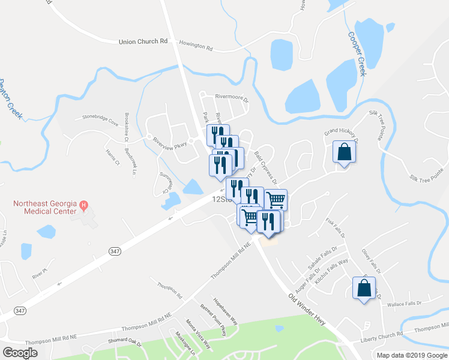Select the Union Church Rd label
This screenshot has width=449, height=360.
(143, 41)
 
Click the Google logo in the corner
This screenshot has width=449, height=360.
(20, 353)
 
